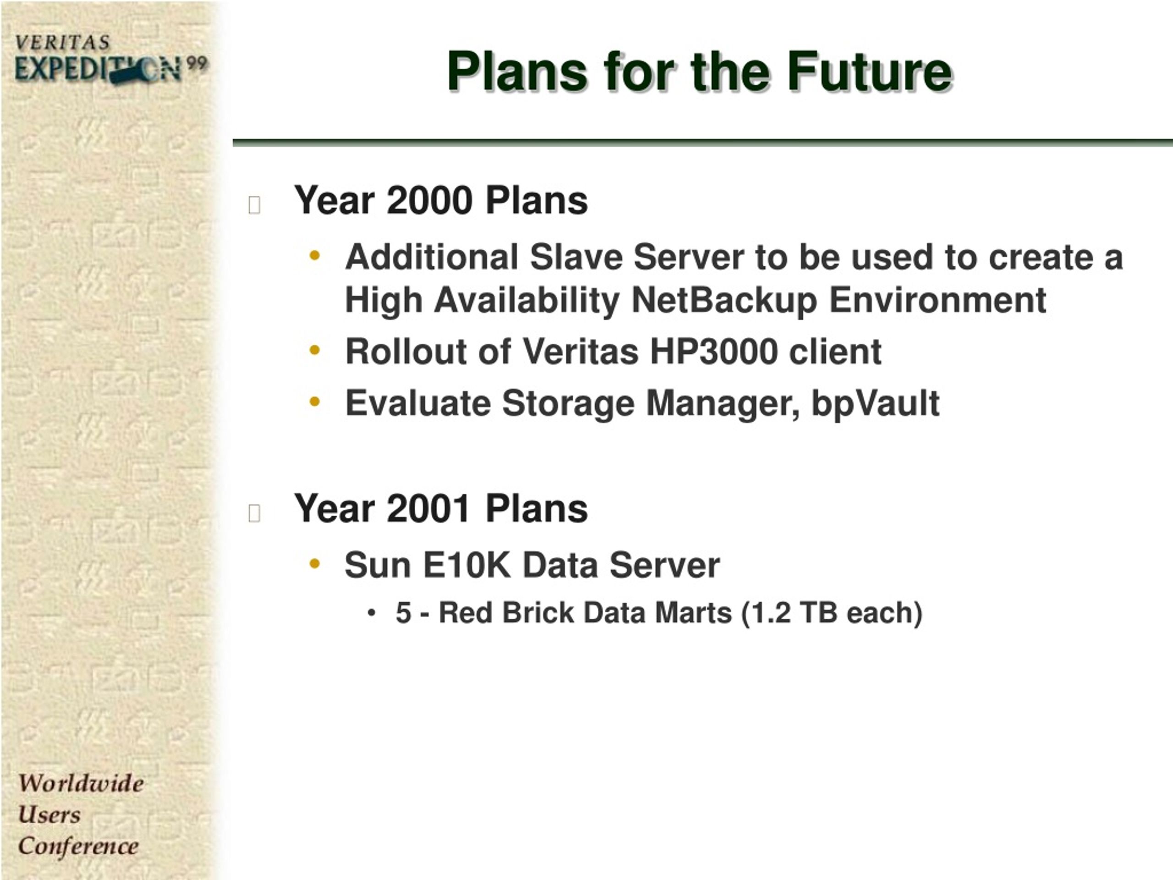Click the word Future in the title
[x=870, y=71]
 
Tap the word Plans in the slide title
[x=516, y=71]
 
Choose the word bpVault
[x=876, y=404]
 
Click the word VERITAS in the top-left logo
[x=63, y=43]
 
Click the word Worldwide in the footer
[x=81, y=783]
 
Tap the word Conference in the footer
[x=78, y=846]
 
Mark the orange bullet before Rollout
[x=315, y=350]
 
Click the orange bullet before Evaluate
[x=315, y=402]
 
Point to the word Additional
[x=432, y=257]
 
